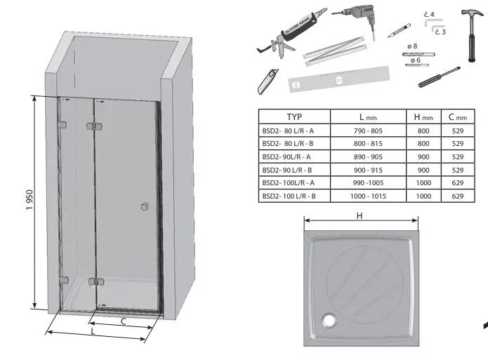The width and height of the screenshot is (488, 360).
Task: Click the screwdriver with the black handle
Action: (x=438, y=77)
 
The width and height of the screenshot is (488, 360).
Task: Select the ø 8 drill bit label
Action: (x=413, y=47)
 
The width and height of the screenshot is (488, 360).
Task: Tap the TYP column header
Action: (x=294, y=117)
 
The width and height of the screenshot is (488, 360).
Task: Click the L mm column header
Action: (x=368, y=117)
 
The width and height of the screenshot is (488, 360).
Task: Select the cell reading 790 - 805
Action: (x=368, y=131)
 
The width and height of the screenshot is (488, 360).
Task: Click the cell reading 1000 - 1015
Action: (x=368, y=196)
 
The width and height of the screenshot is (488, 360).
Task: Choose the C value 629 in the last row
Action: (x=458, y=196)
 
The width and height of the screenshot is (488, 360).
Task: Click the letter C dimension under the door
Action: (x=124, y=321)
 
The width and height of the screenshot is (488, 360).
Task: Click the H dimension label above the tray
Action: (x=359, y=216)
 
